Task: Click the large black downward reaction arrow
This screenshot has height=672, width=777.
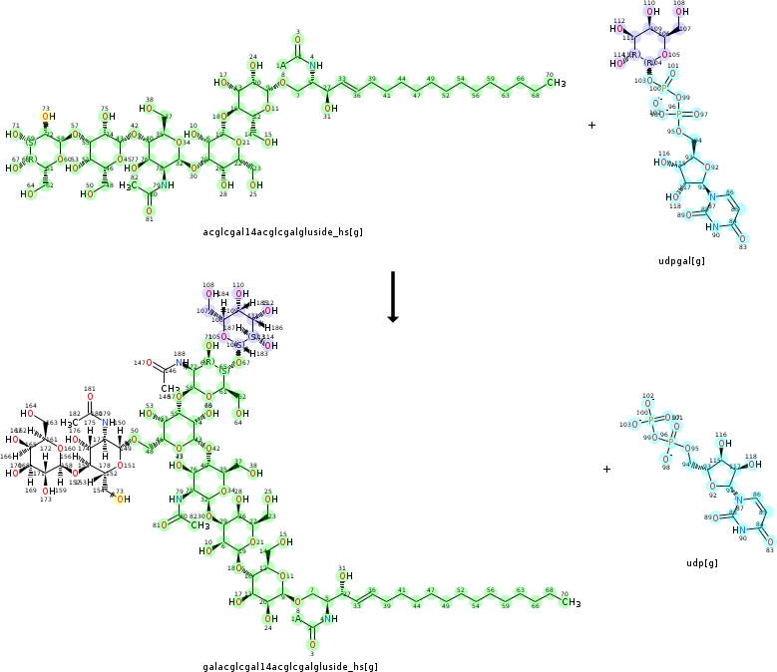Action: [x=393, y=296]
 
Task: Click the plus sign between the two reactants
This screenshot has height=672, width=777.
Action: [x=591, y=126]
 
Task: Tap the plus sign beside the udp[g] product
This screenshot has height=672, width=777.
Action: [x=606, y=469]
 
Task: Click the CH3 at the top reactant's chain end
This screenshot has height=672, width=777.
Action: [x=556, y=82]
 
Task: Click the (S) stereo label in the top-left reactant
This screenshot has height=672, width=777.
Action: [x=31, y=139]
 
